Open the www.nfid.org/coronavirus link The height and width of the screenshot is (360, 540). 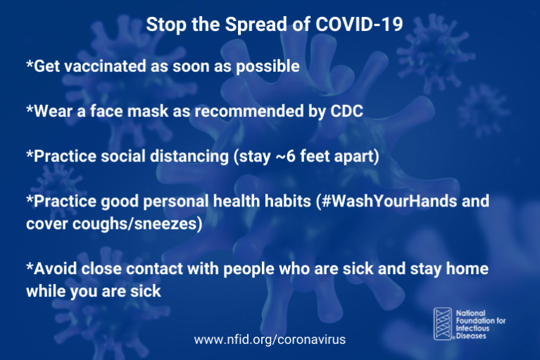270,339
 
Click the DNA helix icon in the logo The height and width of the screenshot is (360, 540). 443,323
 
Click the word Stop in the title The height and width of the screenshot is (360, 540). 161,25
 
